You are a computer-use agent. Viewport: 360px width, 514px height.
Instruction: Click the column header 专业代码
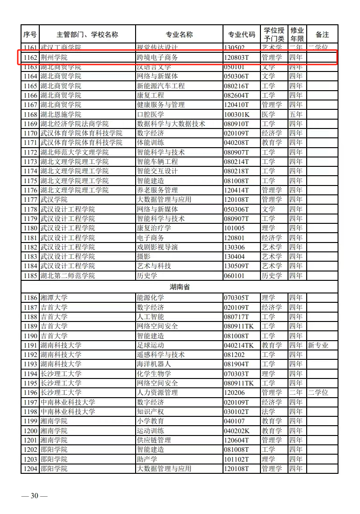pyautogui.click(x=242, y=35)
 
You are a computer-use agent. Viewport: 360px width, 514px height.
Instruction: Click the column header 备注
pyautogui.click(x=322, y=35)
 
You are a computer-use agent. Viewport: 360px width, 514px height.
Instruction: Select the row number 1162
pyautogui.click(x=30, y=57)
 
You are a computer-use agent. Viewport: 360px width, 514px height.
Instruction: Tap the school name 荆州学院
pyautogui.click(x=54, y=57)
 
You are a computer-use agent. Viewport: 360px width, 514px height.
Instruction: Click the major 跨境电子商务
pyautogui.click(x=157, y=57)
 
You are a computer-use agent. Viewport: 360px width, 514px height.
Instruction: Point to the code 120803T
pyautogui.click(x=237, y=57)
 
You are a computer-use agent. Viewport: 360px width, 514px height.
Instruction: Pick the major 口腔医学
pyautogui.click(x=150, y=114)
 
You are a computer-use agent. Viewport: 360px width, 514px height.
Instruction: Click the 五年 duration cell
pyautogui.click(x=295, y=114)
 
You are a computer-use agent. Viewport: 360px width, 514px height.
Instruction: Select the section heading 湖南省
pyautogui.click(x=180, y=286)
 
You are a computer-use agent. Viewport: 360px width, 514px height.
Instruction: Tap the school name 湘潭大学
pyautogui.click(x=54, y=298)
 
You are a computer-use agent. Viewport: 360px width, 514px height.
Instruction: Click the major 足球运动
pyautogui.click(x=150, y=345)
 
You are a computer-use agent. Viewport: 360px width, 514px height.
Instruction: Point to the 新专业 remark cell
pyautogui.click(x=318, y=345)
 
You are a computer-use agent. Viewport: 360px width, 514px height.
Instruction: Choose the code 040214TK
pyautogui.click(x=239, y=345)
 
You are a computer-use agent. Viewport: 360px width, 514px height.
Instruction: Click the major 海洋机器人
pyautogui.click(x=154, y=364)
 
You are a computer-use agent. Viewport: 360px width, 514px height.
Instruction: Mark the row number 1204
pyautogui.click(x=30, y=469)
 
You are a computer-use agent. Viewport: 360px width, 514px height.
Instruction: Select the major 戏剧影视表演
pyautogui.click(x=157, y=247)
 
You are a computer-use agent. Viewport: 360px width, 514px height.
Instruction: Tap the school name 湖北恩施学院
pyautogui.click(x=61, y=114)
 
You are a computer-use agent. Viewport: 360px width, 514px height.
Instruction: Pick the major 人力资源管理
pyautogui.click(x=157, y=393)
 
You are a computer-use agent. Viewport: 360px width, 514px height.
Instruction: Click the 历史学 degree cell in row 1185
pyautogui.click(x=272, y=276)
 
